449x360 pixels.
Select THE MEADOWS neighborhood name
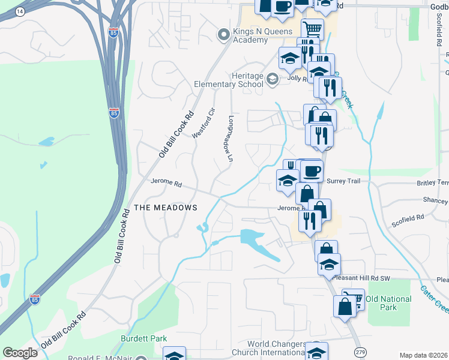pos(165,208)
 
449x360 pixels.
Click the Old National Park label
pos(388,303)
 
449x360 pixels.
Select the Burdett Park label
pos(143,338)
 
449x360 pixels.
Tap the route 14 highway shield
pos(20,11)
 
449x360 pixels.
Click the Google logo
pos(20,353)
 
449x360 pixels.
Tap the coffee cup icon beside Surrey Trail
pos(311,171)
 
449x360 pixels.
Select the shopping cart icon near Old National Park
pos(354,299)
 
